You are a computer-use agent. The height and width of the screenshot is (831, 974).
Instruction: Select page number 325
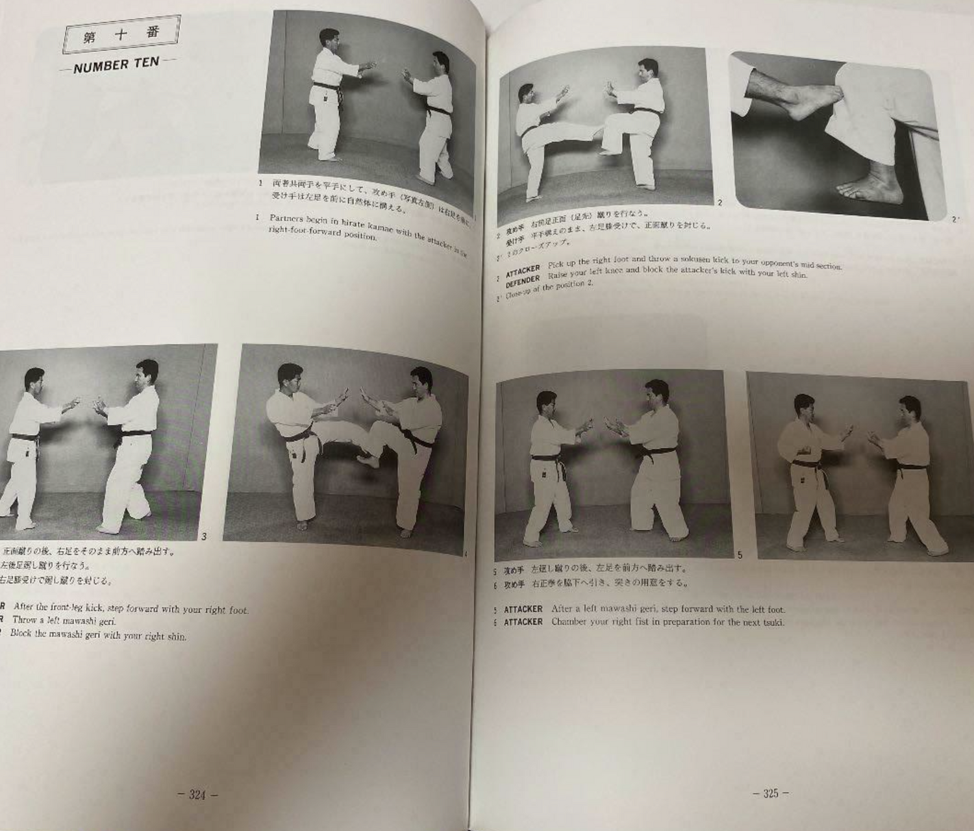(x=770, y=793)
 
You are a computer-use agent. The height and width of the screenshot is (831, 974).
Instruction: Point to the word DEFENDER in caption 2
(x=523, y=278)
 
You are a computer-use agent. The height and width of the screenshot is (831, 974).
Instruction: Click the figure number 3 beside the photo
(x=204, y=536)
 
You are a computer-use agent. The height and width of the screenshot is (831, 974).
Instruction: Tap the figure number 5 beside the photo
(x=739, y=554)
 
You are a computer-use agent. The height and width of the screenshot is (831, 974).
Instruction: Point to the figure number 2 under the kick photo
(x=719, y=203)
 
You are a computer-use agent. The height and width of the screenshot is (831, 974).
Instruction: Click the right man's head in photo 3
(x=147, y=372)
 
